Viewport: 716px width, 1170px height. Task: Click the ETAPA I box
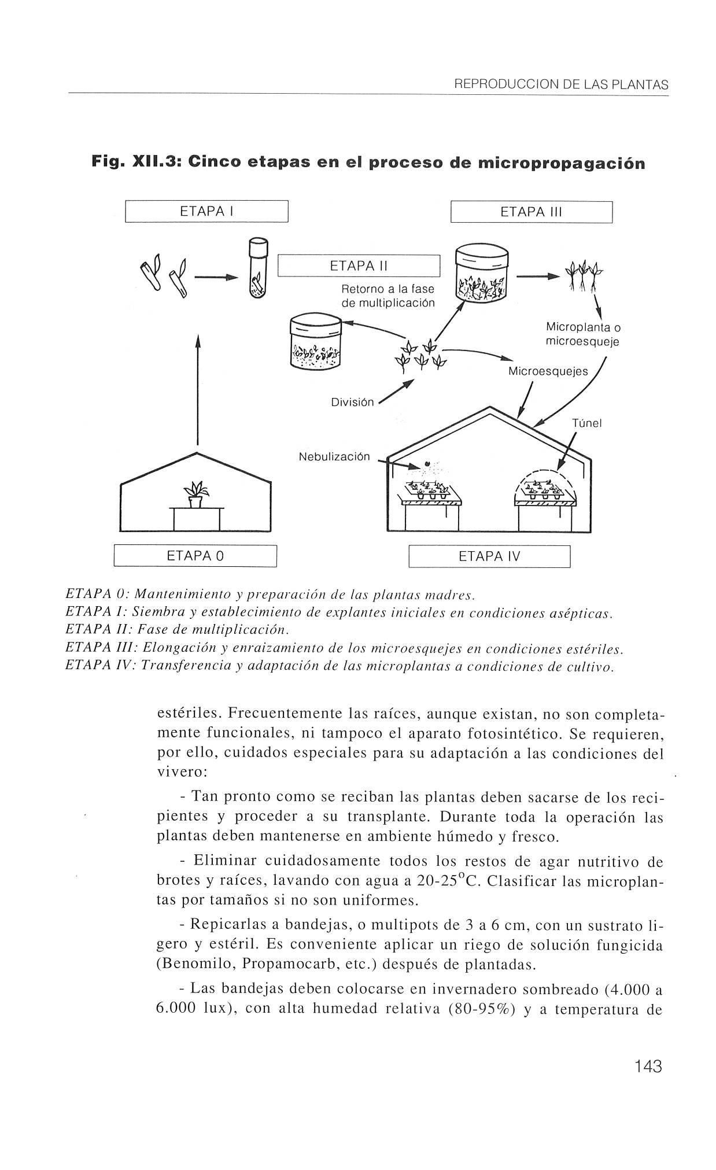point(206,211)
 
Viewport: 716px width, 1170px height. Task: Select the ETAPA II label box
point(359,266)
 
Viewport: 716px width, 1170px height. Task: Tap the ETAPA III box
point(531,212)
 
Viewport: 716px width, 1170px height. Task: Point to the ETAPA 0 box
point(195,556)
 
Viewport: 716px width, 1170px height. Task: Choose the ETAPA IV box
point(489,556)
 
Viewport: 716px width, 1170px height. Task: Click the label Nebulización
point(334,457)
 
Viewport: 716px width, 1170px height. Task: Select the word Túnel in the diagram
point(586,423)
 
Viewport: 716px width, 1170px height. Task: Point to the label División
point(352,402)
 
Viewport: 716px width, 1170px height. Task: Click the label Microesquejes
point(547,371)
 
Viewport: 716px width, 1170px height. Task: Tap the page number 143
point(647,1066)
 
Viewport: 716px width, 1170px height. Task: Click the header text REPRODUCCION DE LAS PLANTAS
point(561,85)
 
